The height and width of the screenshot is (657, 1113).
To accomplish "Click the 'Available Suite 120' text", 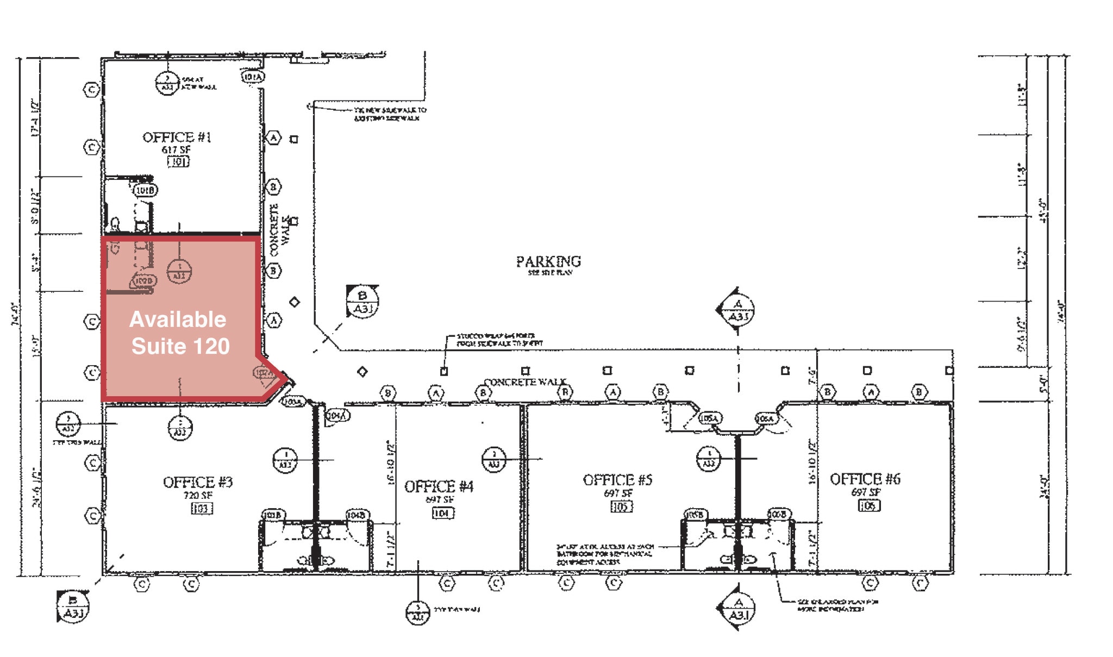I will point(179,333).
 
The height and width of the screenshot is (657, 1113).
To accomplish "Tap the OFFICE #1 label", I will point(177,137).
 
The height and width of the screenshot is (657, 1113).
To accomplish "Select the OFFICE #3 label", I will point(198,483).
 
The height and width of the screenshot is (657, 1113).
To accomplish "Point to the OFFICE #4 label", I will point(439,486).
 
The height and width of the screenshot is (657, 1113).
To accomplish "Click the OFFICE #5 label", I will point(617,480).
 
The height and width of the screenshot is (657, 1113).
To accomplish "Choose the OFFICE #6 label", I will point(865,479).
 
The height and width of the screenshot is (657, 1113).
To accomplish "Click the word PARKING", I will point(548,262).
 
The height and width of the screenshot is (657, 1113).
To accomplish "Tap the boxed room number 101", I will point(178,161).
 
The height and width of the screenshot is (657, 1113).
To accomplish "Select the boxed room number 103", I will point(201,508).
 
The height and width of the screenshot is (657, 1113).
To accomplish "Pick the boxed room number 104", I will point(443,512).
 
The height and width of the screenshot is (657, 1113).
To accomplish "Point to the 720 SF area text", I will point(198,495).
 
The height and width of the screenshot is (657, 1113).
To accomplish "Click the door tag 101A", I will point(253,77).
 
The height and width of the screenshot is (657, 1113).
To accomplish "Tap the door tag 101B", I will point(145,190).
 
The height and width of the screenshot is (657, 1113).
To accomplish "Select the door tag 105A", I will point(710,418).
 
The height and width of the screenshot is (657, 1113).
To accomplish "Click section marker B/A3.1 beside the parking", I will point(362,302).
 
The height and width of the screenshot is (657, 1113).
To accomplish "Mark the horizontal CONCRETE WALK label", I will point(525,382).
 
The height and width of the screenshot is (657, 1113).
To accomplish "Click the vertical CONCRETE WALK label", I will point(279,229).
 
